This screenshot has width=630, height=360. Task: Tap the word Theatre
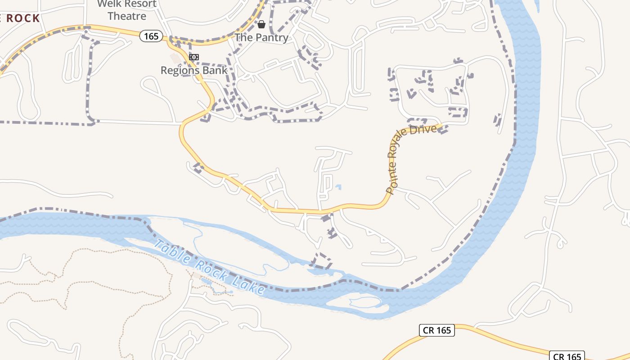[127, 16]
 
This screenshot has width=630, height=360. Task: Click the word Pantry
[271, 37]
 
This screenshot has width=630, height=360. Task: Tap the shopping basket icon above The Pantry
[261, 24]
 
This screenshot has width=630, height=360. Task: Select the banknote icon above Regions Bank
[194, 57]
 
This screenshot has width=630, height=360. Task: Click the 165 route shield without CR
[151, 36]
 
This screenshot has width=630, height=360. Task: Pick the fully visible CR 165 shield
[437, 330]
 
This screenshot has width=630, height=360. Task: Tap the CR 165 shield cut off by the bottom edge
[568, 356]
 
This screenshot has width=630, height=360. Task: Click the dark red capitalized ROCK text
[20, 18]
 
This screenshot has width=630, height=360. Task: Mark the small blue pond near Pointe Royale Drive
[338, 187]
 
